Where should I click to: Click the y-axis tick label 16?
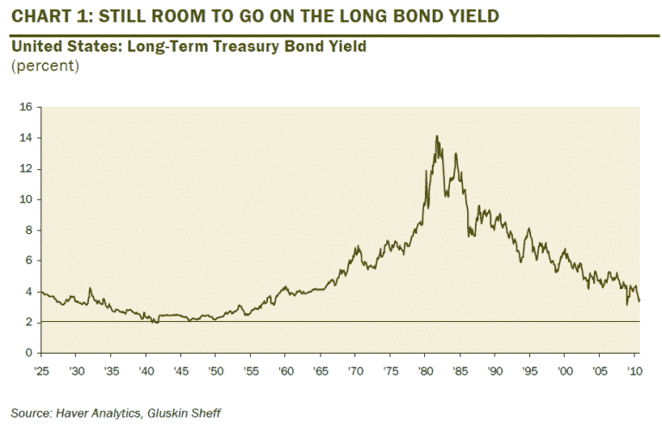tap(26, 108)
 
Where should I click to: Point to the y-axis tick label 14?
tap(26, 138)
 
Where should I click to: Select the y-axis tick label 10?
tap(26, 199)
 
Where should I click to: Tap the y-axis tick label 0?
tap(28, 353)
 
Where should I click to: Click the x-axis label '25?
tap(41, 369)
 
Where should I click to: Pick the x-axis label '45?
tap(179, 369)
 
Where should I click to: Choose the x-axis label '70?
tap(354, 369)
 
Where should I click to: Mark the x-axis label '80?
tap(424, 369)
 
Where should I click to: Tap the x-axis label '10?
tap(634, 369)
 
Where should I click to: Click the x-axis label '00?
tap(564, 369)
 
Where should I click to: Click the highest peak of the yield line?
tap(436, 135)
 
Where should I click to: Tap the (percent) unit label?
tap(45, 66)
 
